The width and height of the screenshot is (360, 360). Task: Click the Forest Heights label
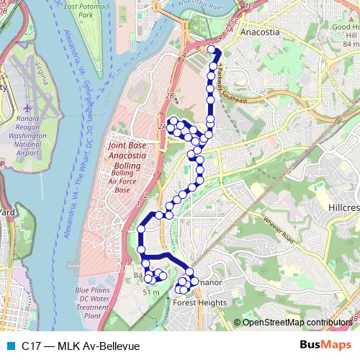(x=199, y=303)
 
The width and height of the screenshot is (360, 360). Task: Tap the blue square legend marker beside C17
(x=10, y=346)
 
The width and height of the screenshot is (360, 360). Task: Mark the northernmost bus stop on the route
(x=212, y=50)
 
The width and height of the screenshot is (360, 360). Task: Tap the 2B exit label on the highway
(x=170, y=96)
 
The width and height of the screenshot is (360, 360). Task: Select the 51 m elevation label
(x=150, y=292)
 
